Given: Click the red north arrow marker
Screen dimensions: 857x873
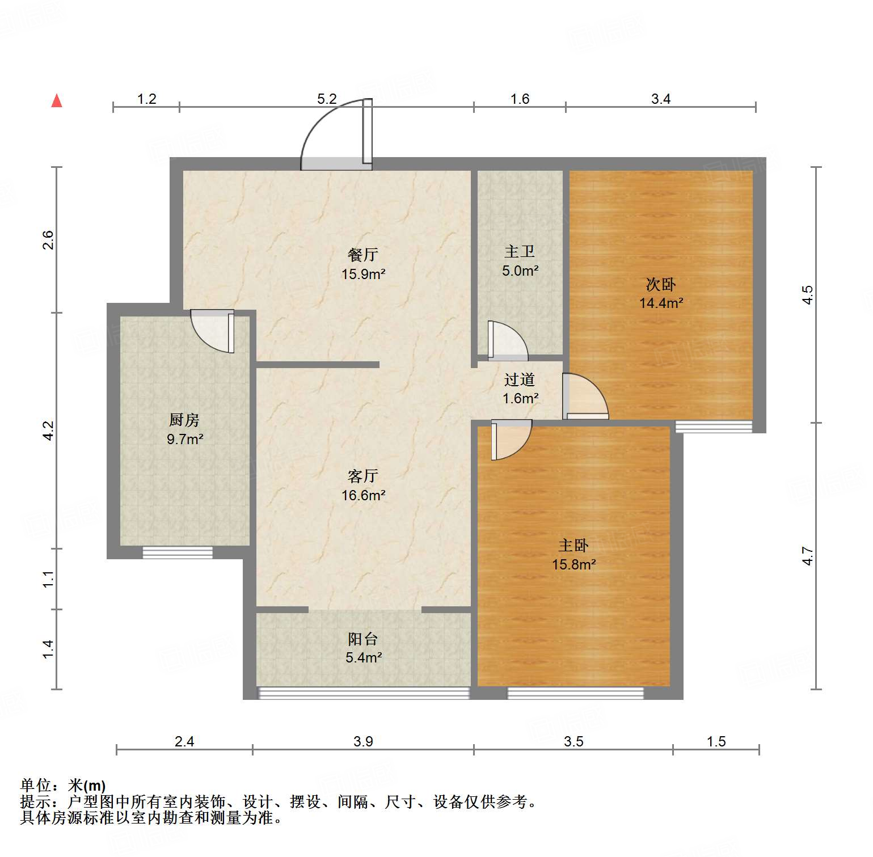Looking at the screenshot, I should (57, 100).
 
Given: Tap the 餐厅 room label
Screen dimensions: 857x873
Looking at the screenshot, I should (363, 255).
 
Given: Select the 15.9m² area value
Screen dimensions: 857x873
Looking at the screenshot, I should (363, 275).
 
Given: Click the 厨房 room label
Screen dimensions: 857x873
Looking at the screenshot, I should (184, 420).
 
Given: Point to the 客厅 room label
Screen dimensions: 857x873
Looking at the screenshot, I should (363, 476).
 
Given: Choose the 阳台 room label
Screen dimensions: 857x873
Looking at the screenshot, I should (363, 639).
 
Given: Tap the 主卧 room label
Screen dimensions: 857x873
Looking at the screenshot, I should (573, 546).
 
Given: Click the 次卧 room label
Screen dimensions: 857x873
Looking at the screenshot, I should (661, 284).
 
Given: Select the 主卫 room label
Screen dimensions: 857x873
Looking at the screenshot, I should (520, 251).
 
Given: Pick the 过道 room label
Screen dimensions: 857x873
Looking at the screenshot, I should (520, 379).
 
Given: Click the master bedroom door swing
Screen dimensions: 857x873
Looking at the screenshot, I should (510, 439).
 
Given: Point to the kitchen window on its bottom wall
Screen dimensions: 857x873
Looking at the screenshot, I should (178, 552).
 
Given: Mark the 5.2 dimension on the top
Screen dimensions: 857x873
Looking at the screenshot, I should (327, 99).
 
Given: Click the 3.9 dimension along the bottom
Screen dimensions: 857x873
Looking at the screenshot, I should (363, 741).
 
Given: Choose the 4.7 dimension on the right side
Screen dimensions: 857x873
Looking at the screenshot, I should (808, 556).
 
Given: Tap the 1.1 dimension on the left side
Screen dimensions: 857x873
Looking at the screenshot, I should (49, 579).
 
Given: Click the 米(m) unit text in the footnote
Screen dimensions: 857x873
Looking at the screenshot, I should (87, 786).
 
